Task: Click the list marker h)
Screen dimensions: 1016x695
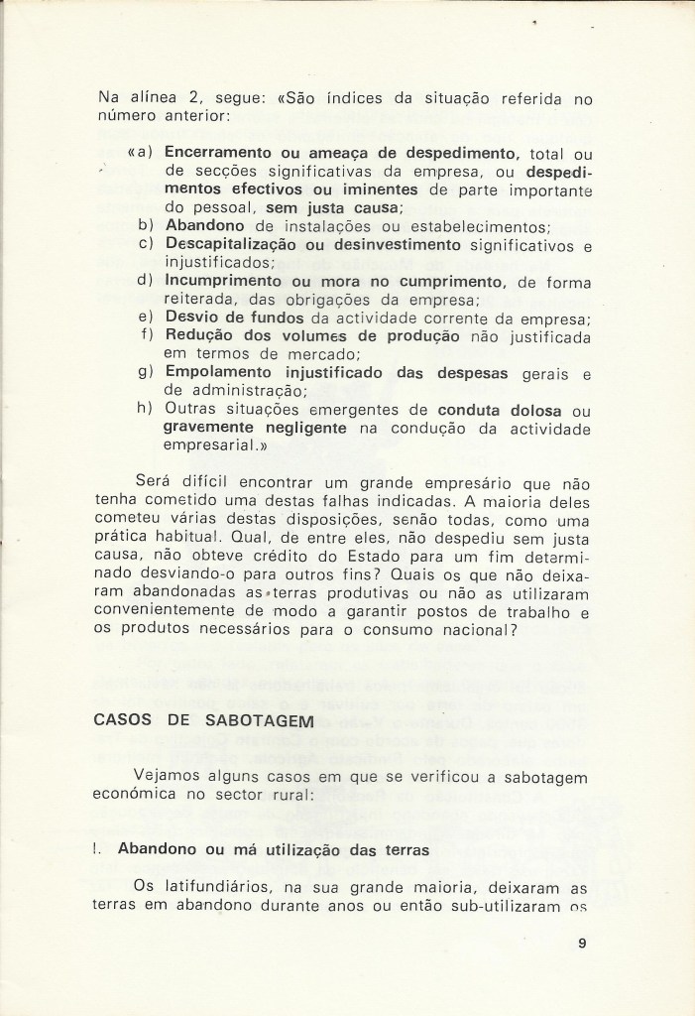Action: pyautogui.click(x=145, y=410)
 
